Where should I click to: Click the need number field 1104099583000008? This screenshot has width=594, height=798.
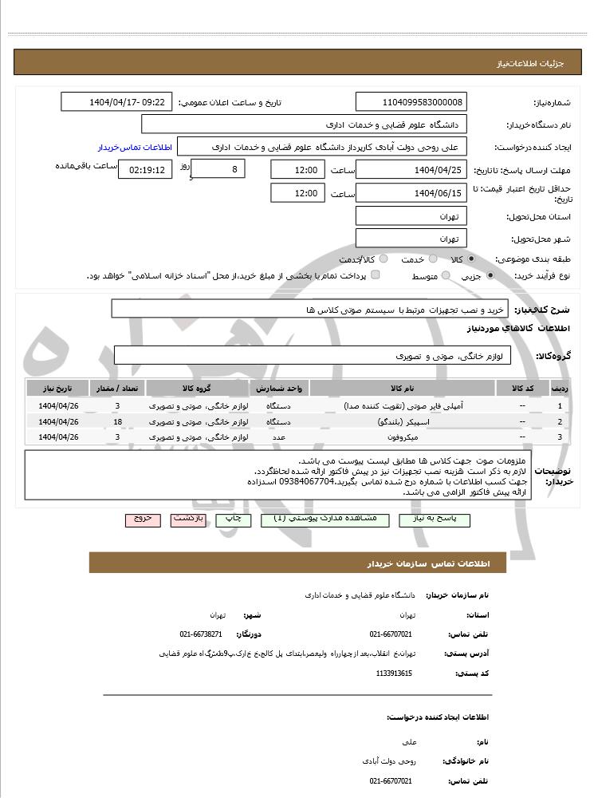pos(411,102)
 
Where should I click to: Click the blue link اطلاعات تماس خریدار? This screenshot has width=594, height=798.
pos(135,148)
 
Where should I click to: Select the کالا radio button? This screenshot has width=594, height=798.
pos(472,259)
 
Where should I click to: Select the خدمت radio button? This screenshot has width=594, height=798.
pos(433,259)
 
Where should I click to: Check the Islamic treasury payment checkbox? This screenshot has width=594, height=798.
pos(376,275)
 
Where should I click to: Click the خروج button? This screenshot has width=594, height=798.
pos(143,519)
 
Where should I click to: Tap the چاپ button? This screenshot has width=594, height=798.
pos(234,519)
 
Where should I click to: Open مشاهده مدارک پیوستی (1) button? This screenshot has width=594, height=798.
pos(325,519)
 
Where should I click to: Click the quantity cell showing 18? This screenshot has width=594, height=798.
pos(117,421)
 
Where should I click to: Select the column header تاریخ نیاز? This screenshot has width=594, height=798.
pos(58,388)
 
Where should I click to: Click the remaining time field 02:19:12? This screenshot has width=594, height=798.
pos(145,170)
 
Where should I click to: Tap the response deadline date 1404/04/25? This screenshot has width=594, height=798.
pos(411,170)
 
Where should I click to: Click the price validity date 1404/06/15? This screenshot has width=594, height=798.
pos(411,193)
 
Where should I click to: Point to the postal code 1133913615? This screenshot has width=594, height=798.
pos(394,674)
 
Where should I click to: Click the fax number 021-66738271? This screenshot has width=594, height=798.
pos(201,634)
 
